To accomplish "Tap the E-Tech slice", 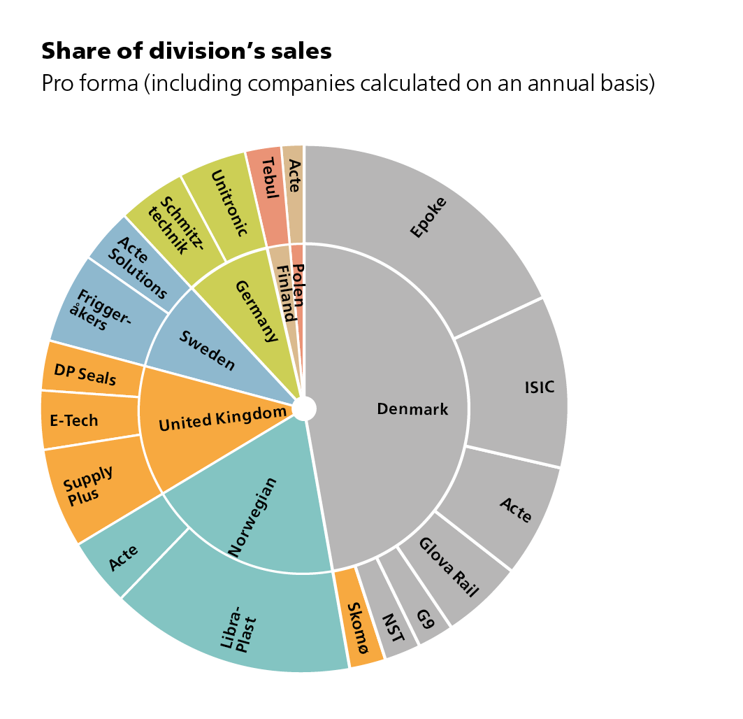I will click(x=75, y=420).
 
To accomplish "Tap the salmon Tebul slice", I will click(x=266, y=176).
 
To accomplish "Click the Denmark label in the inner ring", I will click(x=412, y=409).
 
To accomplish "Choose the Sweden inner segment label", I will click(x=206, y=348).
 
